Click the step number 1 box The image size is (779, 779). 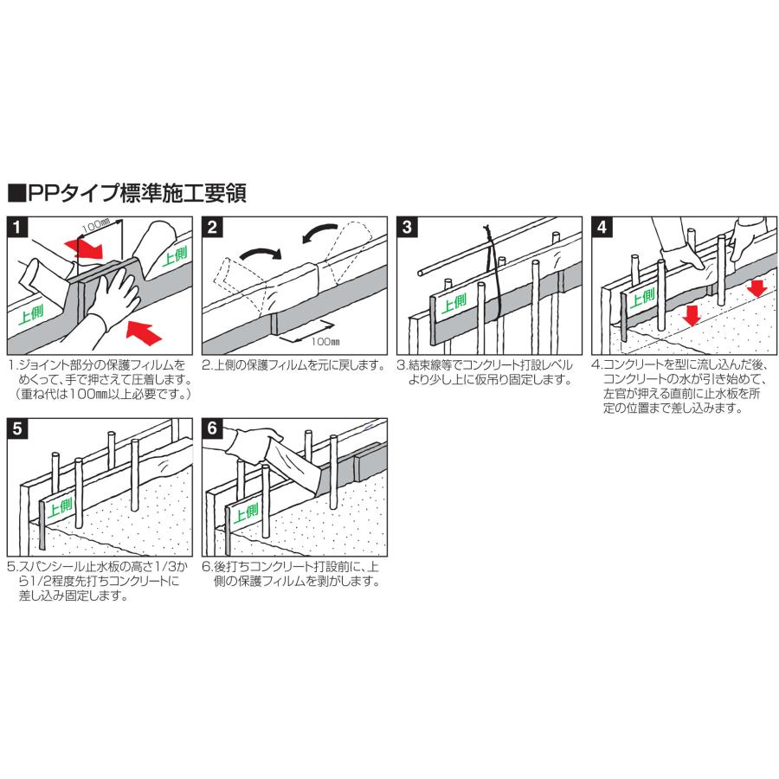[17, 227]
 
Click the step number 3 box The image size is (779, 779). [407, 227]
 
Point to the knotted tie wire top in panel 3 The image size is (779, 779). [487, 232]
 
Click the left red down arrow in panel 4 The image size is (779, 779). [691, 314]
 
